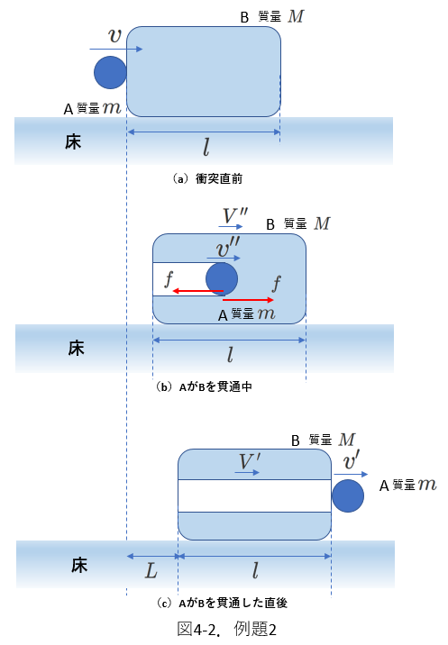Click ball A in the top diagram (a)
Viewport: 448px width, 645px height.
[110, 72]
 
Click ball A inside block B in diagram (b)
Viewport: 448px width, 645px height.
[222, 279]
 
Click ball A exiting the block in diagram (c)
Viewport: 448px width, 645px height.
[348, 495]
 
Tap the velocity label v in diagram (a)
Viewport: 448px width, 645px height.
[114, 35]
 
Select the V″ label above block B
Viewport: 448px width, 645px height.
[235, 215]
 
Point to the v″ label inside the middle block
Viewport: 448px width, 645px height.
[228, 247]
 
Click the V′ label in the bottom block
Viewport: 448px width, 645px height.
[250, 461]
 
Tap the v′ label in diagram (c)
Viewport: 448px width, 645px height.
[352, 460]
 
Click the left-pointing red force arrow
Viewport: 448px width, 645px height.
[198, 291]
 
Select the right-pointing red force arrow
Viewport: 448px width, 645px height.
[248, 300]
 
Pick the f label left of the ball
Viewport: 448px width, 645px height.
[169, 279]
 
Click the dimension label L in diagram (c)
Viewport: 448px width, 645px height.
[151, 571]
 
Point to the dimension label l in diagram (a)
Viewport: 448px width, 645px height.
[206, 147]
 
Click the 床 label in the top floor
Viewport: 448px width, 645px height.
[73, 142]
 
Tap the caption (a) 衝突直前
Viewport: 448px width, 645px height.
[207, 178]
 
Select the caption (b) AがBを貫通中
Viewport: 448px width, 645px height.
[204, 386]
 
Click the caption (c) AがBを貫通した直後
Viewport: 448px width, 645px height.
[222, 603]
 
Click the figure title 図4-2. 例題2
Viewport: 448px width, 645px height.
[227, 629]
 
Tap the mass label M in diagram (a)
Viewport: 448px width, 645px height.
[296, 16]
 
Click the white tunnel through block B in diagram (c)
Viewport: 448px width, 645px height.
[254, 495]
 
